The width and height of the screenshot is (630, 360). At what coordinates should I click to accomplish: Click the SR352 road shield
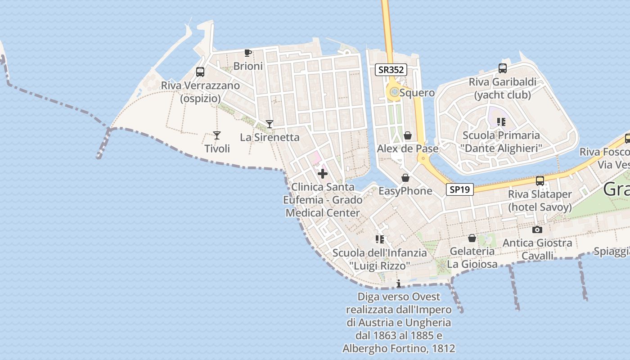point(391,70)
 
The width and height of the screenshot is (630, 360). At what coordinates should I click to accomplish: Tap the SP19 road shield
point(460,189)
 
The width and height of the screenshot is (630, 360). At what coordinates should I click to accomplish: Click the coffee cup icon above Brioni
point(247,53)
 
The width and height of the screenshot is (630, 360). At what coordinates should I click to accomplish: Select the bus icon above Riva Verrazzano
point(200,72)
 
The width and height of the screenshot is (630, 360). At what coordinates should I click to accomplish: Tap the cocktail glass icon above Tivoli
point(217,135)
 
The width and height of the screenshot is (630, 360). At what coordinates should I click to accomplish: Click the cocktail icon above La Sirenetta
point(269,124)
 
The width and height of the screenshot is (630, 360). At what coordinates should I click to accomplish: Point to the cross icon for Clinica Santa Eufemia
point(323,174)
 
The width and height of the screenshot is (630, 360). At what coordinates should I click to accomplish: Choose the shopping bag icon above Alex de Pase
point(408,135)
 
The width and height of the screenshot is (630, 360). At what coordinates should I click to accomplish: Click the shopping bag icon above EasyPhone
point(405,178)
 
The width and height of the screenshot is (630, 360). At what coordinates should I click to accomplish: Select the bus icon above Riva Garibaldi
point(503,68)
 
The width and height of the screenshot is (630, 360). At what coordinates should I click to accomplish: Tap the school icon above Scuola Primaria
point(501,122)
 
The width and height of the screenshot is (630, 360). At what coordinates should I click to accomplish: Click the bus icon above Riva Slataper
point(540,181)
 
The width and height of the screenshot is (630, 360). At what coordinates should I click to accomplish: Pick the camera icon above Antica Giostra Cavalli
point(537,230)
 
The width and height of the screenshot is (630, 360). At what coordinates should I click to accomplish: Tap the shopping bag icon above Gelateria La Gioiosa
point(472,238)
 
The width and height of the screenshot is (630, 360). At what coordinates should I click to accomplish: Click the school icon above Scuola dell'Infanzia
point(379,239)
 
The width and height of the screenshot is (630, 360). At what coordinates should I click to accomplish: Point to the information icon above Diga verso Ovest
point(398,283)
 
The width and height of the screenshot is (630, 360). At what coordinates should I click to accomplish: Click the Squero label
point(417,93)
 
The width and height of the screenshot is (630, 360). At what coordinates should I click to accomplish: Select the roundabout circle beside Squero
point(394,92)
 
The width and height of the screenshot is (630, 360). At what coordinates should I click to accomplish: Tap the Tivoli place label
point(217,148)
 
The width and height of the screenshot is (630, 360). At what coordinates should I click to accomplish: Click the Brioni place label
point(248,66)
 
